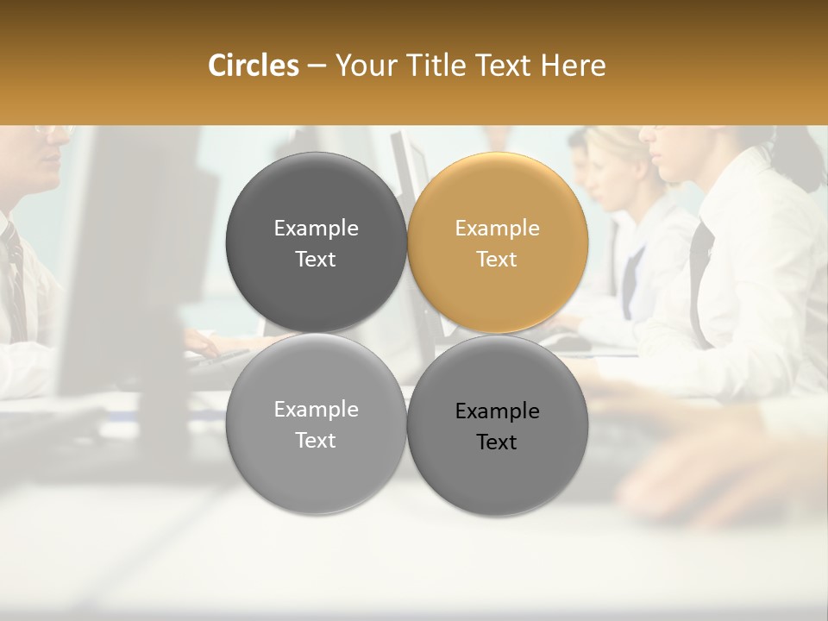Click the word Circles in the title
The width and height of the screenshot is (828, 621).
pyautogui.click(x=253, y=66)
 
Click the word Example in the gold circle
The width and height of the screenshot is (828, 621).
pyautogui.click(x=497, y=229)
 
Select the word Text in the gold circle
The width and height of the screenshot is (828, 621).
pyautogui.click(x=497, y=259)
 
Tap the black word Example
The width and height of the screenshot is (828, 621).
pyautogui.click(x=497, y=411)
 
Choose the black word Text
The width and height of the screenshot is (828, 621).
pyautogui.click(x=497, y=442)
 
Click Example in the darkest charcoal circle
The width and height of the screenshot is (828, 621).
pyautogui.click(x=316, y=229)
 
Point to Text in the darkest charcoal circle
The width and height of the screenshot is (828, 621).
pyautogui.click(x=316, y=259)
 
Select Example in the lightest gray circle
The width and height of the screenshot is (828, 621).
pyautogui.click(x=316, y=410)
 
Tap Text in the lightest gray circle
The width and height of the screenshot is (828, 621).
pyautogui.click(x=316, y=440)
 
